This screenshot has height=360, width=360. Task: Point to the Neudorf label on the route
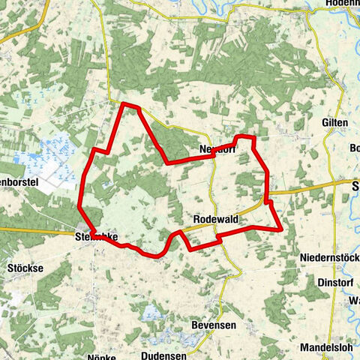coord(217,148)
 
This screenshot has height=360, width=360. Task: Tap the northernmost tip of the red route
coord(124,103)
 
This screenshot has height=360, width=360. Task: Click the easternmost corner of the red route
coord(281,228)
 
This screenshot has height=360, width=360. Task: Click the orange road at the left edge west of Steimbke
coord(22,229)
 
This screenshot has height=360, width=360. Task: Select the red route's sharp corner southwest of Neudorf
coord(166,162)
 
